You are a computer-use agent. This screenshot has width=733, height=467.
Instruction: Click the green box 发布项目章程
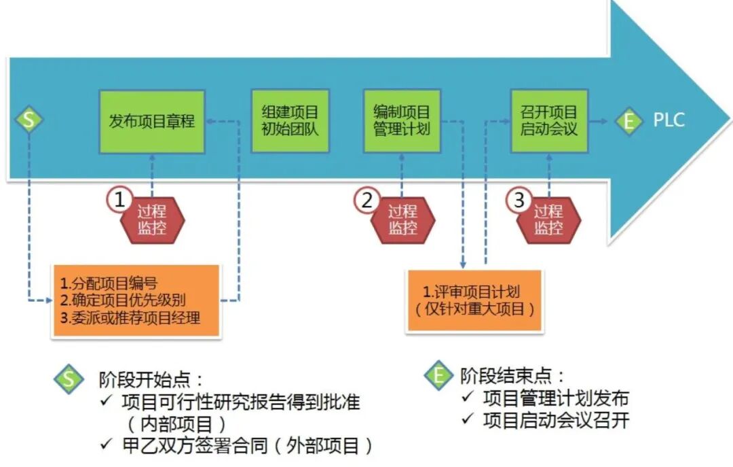(x=152, y=121)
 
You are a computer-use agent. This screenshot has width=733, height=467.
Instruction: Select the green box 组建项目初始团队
(x=290, y=121)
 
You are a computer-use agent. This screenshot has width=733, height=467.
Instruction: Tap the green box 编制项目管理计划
(x=401, y=121)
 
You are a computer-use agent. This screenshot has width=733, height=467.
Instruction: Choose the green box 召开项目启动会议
(x=550, y=121)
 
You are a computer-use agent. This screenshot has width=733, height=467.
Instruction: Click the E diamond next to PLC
(x=629, y=122)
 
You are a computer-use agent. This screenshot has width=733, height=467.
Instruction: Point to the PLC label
(x=669, y=121)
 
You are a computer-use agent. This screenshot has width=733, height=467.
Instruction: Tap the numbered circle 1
(x=120, y=200)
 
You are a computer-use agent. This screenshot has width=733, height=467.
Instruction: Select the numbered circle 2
(x=367, y=200)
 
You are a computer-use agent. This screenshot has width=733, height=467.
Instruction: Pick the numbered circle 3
(x=519, y=200)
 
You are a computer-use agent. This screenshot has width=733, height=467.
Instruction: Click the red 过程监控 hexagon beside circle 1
(x=152, y=220)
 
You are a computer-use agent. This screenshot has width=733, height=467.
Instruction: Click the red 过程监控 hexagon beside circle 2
(x=402, y=220)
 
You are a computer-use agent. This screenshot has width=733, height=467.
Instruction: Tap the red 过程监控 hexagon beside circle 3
(x=548, y=220)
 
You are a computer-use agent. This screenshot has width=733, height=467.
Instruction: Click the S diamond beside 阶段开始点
(x=69, y=379)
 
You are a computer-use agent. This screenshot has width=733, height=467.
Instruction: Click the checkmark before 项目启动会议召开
(x=466, y=419)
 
